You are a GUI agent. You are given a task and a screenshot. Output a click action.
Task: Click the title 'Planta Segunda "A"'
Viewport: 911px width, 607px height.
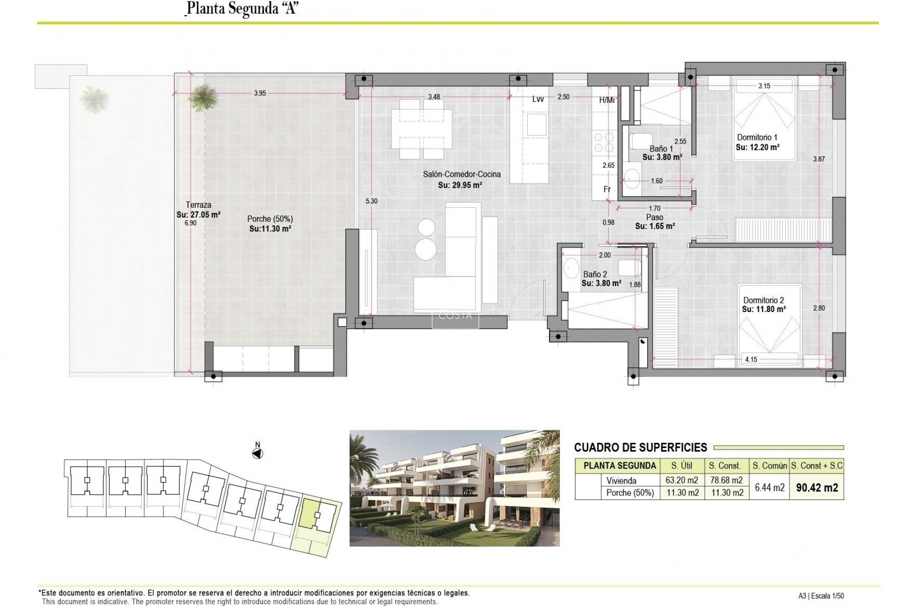[242, 9]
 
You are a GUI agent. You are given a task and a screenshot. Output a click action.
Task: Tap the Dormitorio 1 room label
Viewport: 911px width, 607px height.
[757, 138]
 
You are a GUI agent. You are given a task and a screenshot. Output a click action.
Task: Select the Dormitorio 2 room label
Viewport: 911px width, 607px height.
[763, 300]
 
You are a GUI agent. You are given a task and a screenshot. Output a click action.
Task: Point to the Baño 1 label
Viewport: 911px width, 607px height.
[661, 149]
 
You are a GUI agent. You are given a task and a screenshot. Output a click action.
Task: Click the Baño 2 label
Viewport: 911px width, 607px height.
[595, 274]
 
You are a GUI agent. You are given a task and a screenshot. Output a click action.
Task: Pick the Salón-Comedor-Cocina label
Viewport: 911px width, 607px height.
[462, 175]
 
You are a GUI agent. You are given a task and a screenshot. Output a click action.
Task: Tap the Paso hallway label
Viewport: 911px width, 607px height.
[654, 217]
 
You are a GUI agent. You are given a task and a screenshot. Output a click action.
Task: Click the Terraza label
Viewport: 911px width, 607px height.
[198, 205]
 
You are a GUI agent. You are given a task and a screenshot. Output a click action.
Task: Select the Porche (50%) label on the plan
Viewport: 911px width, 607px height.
[270, 219]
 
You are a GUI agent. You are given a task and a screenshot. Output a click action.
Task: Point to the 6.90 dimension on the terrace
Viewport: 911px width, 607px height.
[190, 223]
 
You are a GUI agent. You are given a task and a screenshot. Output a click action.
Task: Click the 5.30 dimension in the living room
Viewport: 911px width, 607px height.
[372, 201]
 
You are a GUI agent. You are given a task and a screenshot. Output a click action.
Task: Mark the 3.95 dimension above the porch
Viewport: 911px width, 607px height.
[260, 93]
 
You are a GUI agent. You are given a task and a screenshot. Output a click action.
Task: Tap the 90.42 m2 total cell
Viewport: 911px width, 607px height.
[817, 487]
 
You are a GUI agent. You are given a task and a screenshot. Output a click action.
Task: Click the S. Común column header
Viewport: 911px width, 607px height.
[770, 466]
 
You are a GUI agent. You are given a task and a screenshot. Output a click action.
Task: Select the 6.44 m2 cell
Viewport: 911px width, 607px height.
[770, 487]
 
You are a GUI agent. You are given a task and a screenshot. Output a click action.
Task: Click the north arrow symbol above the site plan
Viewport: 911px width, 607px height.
[258, 453]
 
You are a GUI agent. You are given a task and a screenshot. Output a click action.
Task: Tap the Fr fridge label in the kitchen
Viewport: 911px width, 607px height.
[607, 189]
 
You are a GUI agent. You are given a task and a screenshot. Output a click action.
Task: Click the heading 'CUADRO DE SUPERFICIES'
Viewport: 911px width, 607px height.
[641, 447]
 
